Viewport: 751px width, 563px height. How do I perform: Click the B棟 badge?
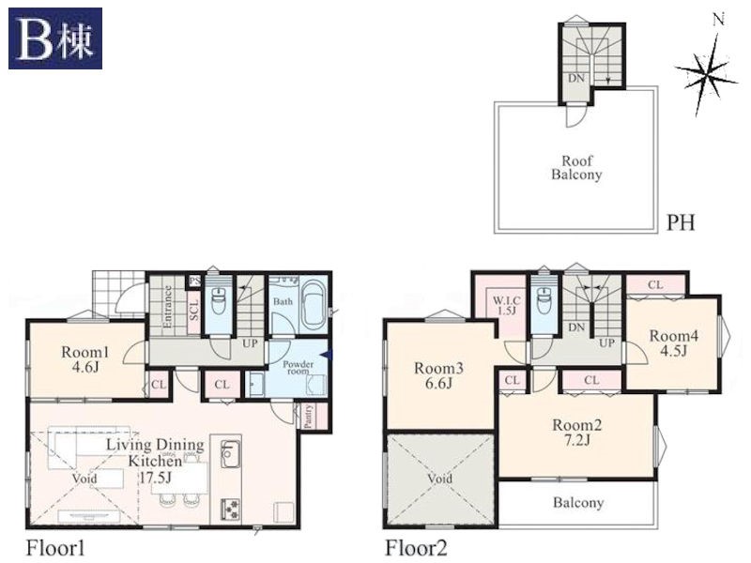coord(55,38)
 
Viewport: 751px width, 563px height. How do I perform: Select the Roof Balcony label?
coord(576,168)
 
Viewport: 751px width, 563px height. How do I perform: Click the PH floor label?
coord(681,222)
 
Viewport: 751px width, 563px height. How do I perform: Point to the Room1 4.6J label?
coord(84,360)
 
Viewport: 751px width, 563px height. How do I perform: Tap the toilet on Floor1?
coord(219,300)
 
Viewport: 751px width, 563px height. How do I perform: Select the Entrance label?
coord(168,307)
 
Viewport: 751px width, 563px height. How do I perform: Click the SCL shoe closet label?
coord(193,311)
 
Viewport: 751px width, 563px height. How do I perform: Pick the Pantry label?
coord(309,416)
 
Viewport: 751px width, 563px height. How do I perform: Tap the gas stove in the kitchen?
coord(230,510)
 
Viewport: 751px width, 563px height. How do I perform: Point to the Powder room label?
coord(298,367)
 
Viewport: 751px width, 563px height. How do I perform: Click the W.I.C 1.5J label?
coord(506,306)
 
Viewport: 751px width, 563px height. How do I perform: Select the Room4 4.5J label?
coord(673,343)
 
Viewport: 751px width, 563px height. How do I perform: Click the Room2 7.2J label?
coord(576,433)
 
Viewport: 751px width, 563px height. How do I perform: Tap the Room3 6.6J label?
coord(438,376)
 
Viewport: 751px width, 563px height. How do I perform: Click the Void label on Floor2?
coord(439,479)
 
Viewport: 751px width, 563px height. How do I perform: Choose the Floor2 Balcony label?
coord(578,503)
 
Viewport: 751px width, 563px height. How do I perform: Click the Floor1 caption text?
coord(55,548)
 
